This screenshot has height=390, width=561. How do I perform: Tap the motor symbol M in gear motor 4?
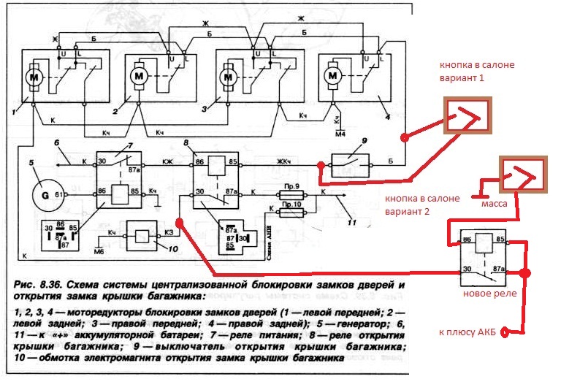(332, 74)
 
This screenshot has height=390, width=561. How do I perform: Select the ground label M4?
(339, 134)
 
